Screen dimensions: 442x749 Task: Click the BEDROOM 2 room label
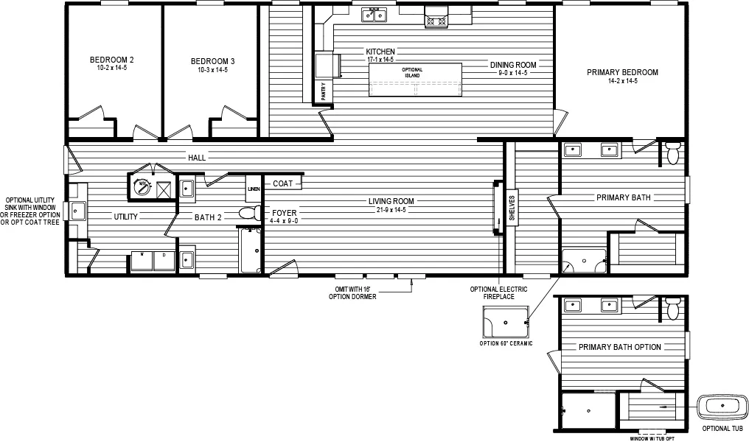[111, 60]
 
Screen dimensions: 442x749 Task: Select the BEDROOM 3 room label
[212, 60]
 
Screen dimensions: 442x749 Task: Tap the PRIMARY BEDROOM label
[622, 72]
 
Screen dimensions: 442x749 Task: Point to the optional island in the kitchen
[416, 80]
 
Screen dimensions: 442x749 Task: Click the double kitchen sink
[374, 15]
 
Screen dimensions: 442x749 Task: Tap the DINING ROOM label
[513, 65]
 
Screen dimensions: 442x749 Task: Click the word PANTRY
[324, 91]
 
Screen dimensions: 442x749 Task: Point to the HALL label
[197, 158]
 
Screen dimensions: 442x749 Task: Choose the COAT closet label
[283, 183]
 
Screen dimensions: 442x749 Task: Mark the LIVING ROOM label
[391, 201]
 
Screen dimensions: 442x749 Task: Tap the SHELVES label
[512, 208]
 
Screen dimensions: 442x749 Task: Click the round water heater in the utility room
[140, 187]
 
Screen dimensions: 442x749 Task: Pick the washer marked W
[141, 259]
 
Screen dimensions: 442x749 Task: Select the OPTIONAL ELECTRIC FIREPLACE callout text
[498, 292]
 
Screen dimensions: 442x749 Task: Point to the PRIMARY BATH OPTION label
[619, 347]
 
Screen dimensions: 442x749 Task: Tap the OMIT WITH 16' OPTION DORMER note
[352, 292]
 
